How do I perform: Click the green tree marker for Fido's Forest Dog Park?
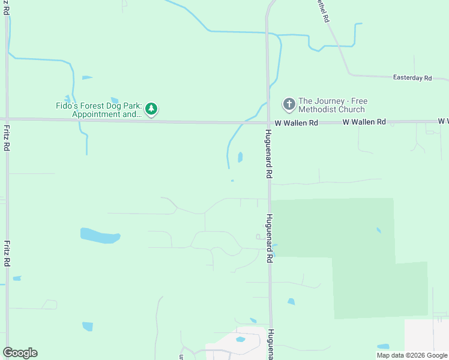152,109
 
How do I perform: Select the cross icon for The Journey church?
289,105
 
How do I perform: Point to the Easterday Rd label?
412,78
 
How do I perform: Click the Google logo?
20,353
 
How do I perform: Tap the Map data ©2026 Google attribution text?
412,355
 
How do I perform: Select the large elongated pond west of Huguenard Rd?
100,235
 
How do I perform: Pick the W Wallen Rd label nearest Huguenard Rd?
297,123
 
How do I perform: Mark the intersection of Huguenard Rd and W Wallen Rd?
268,122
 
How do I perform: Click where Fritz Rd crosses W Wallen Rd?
7,119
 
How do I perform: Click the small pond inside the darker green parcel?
378,230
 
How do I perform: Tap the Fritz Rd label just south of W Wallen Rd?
7,137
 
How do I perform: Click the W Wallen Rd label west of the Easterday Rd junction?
364,122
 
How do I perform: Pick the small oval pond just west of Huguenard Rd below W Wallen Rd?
240,157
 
